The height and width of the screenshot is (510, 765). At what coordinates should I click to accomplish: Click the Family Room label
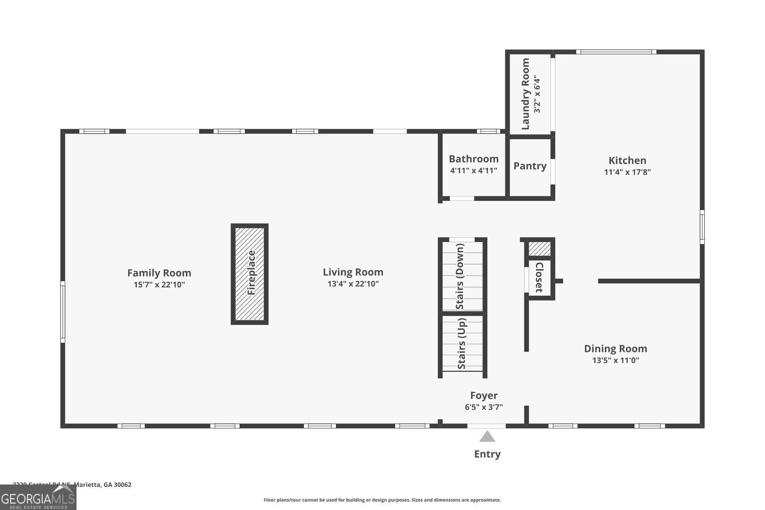pyautogui.click(x=159, y=273)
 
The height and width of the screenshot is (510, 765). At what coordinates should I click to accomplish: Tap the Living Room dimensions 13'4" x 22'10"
pyautogui.click(x=353, y=284)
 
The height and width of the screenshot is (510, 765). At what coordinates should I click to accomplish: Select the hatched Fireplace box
pyautogui.click(x=250, y=274)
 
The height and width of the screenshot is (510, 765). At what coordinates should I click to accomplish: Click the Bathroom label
pyautogui.click(x=473, y=159)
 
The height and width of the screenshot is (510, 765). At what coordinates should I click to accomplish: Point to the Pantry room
pyautogui.click(x=530, y=166)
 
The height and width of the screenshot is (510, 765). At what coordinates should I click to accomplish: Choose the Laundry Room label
pyautogui.click(x=526, y=94)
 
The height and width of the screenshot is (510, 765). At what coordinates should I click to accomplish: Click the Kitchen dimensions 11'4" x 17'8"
pyautogui.click(x=627, y=172)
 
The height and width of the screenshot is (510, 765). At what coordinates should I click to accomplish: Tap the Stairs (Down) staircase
pyautogui.click(x=462, y=275)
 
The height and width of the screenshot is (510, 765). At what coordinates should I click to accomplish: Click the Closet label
pyautogui.click(x=540, y=277)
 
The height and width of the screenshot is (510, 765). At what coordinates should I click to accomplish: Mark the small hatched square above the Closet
pyautogui.click(x=539, y=249)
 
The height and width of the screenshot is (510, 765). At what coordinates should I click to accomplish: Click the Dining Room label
pyautogui.click(x=615, y=348)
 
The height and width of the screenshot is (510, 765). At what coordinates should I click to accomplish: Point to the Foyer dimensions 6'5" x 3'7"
pyautogui.click(x=483, y=407)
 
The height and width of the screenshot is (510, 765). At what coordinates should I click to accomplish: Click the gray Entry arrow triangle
pyautogui.click(x=487, y=437)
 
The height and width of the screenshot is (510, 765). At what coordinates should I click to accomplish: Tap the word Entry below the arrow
pyautogui.click(x=487, y=454)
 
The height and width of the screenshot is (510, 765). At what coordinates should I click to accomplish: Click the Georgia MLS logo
pyautogui.click(x=38, y=497)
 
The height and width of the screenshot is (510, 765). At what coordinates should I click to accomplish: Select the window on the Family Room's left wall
pyautogui.click(x=63, y=312)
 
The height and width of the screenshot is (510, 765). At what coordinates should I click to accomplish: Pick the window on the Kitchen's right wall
pyautogui.click(x=702, y=226)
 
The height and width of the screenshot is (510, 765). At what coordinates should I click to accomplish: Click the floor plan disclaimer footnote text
pyautogui.click(x=382, y=500)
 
